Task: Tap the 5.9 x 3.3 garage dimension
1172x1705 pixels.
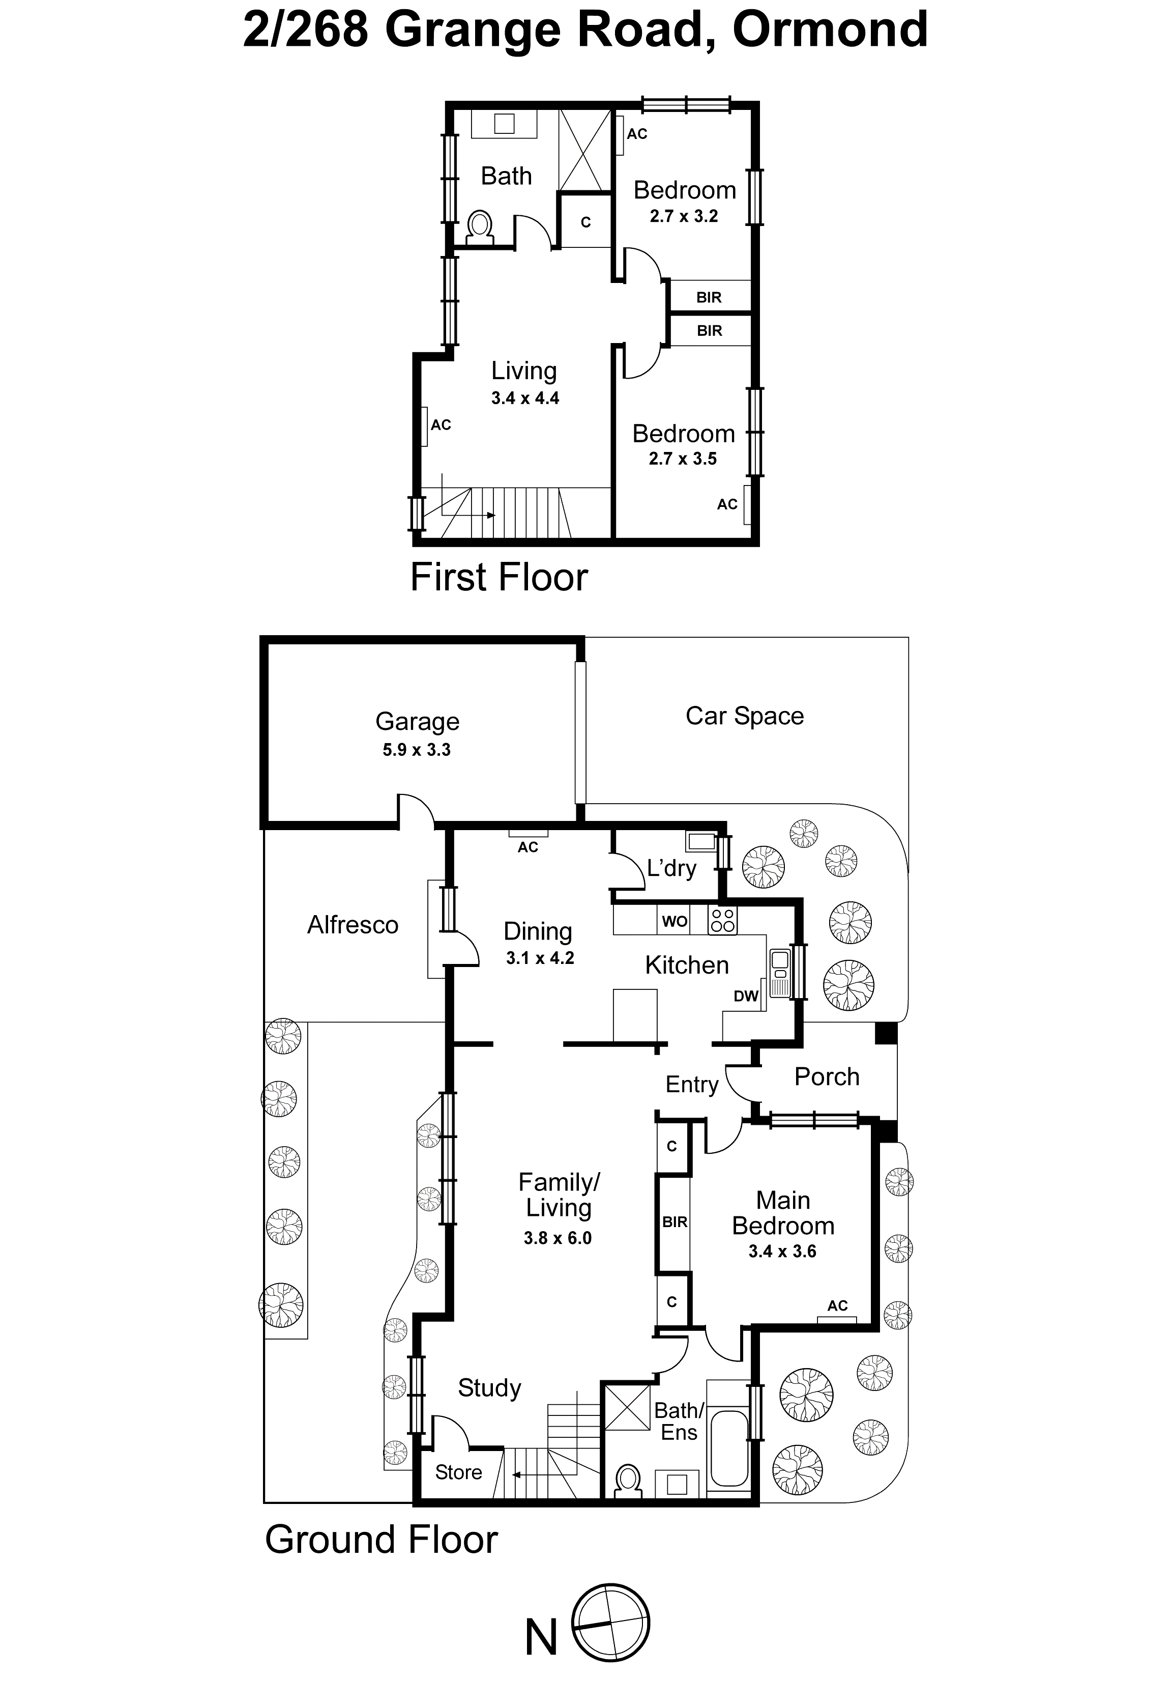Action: (417, 750)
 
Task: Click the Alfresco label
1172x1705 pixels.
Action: (353, 925)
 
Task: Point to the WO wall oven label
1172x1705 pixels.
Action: (674, 921)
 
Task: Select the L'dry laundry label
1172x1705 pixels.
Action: (671, 868)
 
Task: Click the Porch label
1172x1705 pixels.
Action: (826, 1077)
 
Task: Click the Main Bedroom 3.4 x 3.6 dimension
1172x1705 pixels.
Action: (782, 1252)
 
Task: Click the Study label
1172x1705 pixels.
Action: (489, 1387)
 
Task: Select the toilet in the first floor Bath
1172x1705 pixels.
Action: (480, 227)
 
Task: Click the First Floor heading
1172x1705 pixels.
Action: (499, 577)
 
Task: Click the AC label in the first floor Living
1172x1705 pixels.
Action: (441, 425)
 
